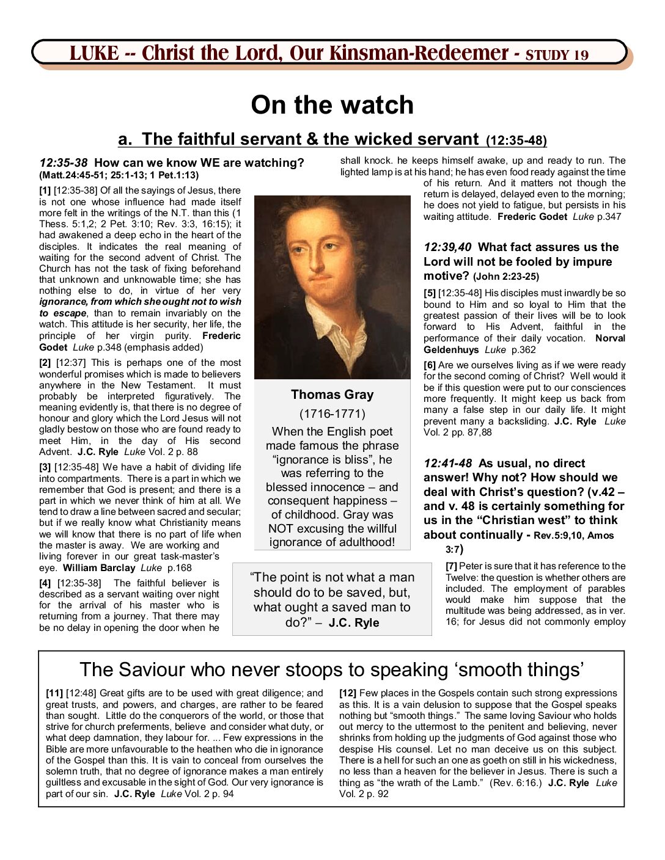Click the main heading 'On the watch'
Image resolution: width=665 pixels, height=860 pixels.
coord(332,105)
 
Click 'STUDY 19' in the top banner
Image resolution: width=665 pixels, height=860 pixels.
coord(557,55)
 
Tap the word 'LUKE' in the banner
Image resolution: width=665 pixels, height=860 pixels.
coord(94,54)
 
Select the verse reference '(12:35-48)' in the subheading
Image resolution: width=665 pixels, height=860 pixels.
coord(516,141)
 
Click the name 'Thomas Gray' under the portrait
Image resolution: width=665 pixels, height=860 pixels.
coord(332,395)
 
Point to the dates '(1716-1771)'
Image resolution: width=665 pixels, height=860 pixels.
coord(332,414)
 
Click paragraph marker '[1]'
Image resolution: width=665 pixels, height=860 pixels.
coord(45,191)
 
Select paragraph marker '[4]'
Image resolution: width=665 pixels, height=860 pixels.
coord(45,583)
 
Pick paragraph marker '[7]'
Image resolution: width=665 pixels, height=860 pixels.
coord(451,566)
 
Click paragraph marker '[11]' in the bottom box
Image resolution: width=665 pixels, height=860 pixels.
coord(54,693)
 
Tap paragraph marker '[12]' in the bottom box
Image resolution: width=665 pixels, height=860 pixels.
coord(348,693)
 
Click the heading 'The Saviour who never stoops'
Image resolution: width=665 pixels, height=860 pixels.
coord(332,669)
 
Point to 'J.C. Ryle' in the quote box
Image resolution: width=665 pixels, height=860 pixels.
coord(354,623)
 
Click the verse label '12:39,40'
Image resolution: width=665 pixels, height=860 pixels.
coord(447,247)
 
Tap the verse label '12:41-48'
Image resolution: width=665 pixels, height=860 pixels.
coord(447,464)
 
